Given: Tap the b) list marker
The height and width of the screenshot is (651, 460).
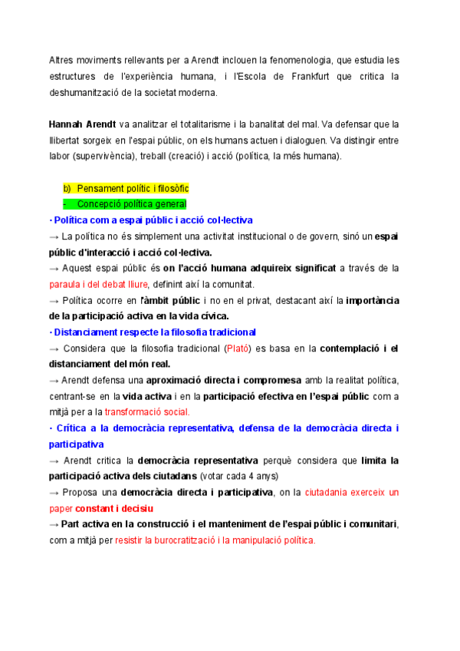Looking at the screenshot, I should [67, 188].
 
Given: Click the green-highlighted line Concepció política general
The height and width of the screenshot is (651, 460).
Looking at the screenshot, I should [132, 204].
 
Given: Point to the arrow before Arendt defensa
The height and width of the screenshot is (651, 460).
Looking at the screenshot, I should [54, 380].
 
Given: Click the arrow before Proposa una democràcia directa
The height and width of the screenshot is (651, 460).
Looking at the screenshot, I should [54, 492].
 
